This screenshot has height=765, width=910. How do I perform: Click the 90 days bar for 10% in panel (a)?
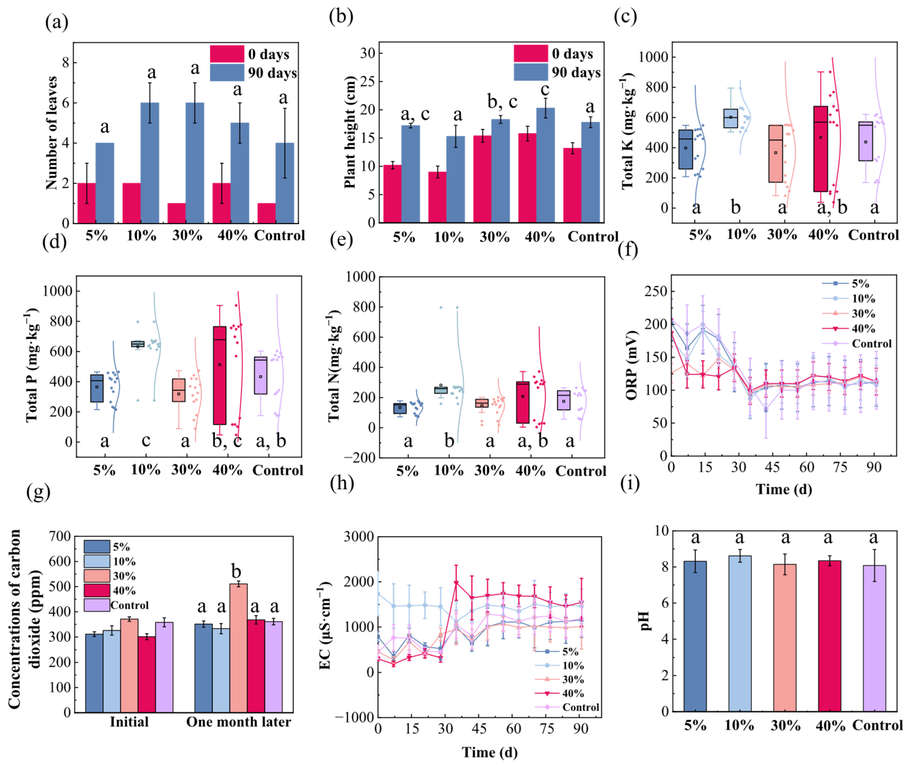click(x=150, y=163)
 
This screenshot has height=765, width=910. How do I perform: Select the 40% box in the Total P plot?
click(x=219, y=375)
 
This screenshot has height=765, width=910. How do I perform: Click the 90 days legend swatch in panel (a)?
click(x=227, y=73)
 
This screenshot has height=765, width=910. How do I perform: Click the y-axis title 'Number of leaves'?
click(x=51, y=133)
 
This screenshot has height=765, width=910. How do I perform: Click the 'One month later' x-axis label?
click(x=238, y=722)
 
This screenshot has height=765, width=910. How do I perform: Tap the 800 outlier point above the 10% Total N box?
click(x=441, y=307)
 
